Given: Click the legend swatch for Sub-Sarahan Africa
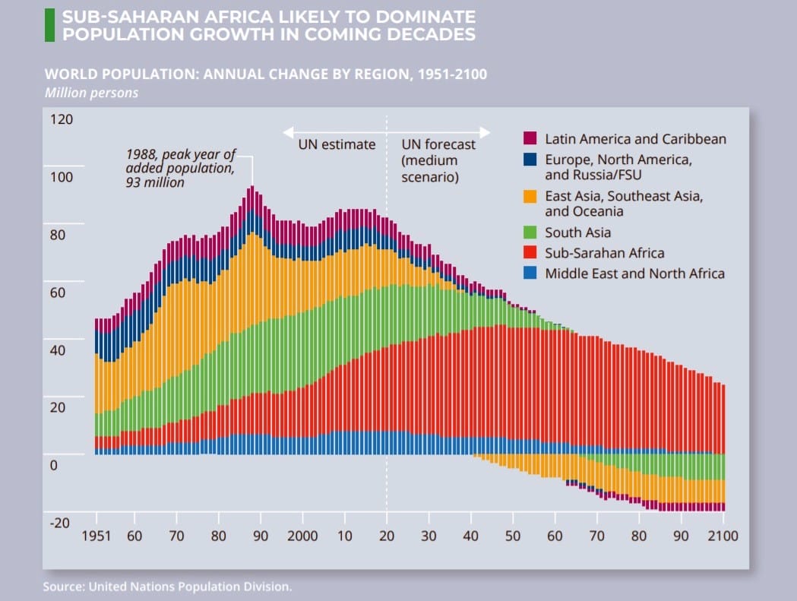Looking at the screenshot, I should [530, 253].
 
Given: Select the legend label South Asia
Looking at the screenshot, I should [577, 232].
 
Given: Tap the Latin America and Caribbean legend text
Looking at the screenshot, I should [635, 139].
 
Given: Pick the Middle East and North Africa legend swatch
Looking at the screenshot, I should [530, 273].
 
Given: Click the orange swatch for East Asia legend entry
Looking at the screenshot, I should [530, 196].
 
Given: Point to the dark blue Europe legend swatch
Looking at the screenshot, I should [530, 160].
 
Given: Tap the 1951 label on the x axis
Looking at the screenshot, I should [96, 536].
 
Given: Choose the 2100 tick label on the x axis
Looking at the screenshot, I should [723, 536].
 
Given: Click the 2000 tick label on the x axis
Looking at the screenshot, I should [302, 536].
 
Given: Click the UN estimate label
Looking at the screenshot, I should [337, 144].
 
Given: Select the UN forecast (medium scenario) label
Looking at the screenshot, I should [438, 160].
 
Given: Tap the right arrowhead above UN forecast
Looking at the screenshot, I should [485, 131].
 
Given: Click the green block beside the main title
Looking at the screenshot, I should [49, 25].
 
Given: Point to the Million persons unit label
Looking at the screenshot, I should [91, 93].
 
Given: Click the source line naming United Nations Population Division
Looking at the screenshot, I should [167, 587].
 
